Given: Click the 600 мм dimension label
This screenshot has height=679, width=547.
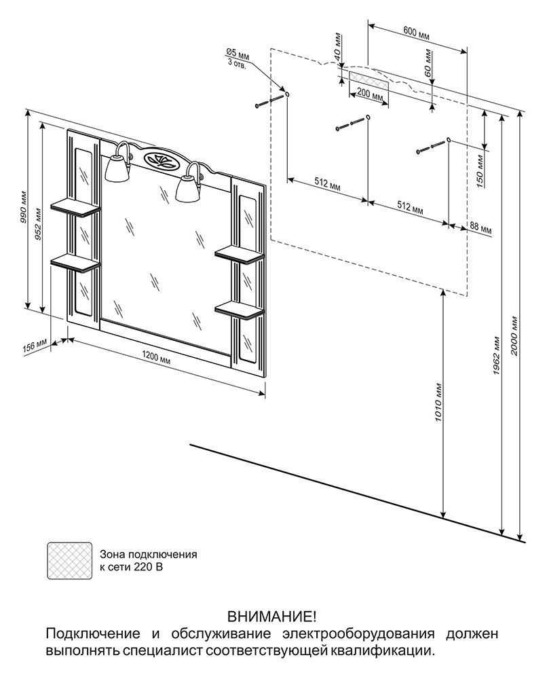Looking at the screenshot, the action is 416,33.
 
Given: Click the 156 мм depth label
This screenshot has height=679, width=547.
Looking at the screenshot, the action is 34,346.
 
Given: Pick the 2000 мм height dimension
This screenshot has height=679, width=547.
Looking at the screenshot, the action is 514,337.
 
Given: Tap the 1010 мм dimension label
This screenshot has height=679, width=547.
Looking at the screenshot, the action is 438,402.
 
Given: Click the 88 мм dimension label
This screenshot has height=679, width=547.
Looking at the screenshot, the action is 480,227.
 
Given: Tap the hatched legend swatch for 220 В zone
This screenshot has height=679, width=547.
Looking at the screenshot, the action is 70,561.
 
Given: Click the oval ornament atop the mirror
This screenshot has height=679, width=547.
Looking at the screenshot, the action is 162,159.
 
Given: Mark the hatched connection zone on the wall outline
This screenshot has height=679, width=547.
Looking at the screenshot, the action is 369,81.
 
